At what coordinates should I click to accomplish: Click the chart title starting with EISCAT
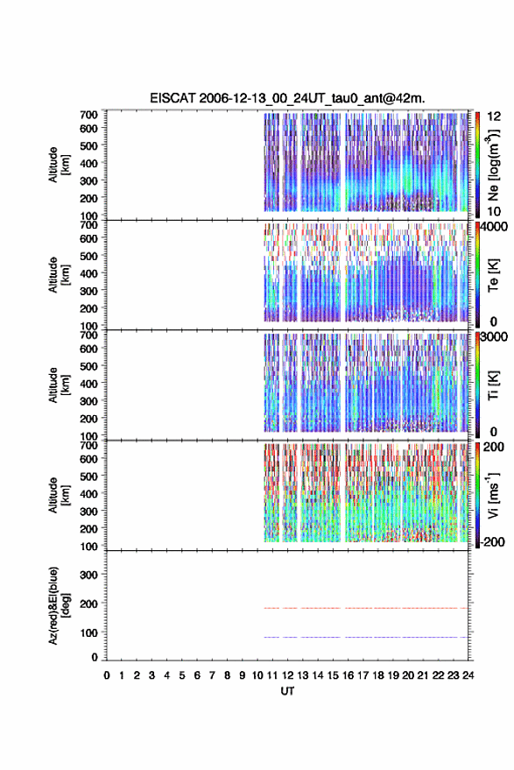[x=287, y=98]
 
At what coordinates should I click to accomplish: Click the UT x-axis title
[x=287, y=691]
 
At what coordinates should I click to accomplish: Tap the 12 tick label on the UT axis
[x=288, y=675]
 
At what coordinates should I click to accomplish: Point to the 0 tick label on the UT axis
[x=107, y=675]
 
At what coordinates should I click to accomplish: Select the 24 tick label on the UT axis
[x=468, y=675]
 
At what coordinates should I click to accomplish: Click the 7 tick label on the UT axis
[x=212, y=675]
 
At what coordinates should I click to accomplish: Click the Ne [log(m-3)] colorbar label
[x=494, y=165]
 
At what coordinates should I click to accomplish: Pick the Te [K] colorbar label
[x=493, y=275]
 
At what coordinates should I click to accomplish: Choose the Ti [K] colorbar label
[x=493, y=385]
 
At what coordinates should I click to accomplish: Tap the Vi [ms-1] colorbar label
[x=493, y=495]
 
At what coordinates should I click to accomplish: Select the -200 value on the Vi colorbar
[x=491, y=541]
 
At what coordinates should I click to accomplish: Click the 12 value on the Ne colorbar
[x=494, y=117]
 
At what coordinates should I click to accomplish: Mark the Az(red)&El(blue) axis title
[x=59, y=605]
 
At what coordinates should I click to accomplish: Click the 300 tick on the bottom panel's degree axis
[x=88, y=575]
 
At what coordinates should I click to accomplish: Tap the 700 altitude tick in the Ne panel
[x=88, y=115]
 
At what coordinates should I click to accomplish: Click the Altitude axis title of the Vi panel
[x=59, y=495]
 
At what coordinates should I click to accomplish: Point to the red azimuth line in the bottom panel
[x=366, y=608]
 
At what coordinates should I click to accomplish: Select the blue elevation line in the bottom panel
[x=366, y=637]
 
